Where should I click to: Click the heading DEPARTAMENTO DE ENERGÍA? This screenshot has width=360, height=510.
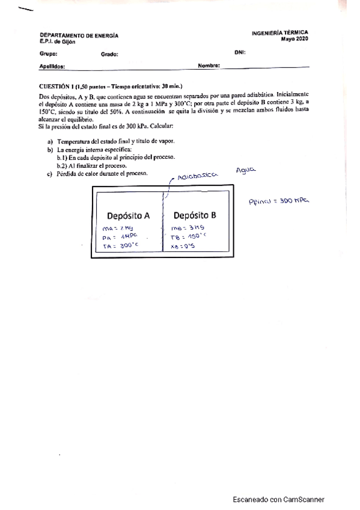[x=79, y=35]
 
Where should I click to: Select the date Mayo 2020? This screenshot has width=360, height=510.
[x=294, y=39]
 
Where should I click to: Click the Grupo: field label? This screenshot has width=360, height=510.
[x=48, y=54]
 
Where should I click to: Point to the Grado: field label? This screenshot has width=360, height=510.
[x=109, y=54]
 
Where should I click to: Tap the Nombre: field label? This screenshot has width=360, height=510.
[x=209, y=66]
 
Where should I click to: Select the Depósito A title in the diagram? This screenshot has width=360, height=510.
[x=128, y=215]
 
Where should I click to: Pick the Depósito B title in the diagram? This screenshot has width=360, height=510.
[x=194, y=215]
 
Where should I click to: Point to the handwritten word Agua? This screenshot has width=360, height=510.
[x=246, y=171]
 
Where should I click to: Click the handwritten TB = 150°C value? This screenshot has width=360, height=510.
[x=189, y=236]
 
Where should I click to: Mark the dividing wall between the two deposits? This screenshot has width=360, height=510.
[x=162, y=223]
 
